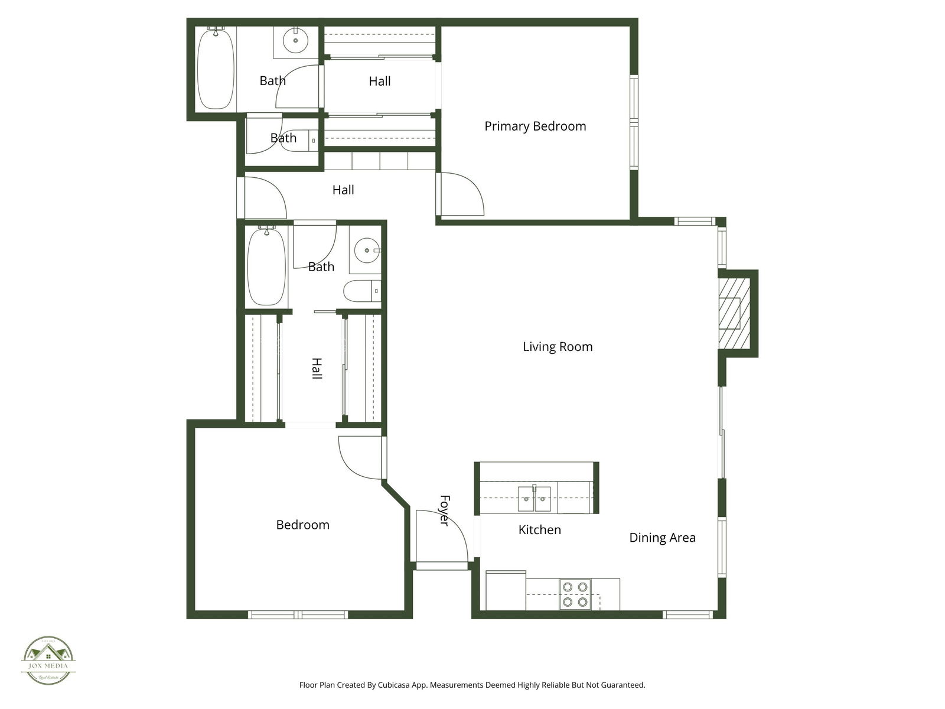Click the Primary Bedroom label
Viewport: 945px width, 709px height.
535,126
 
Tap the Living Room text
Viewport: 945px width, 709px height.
558,347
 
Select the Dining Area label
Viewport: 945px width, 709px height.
662,538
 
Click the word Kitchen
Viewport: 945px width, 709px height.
539,530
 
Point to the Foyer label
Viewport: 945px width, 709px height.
445,510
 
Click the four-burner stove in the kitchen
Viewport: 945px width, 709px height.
575,594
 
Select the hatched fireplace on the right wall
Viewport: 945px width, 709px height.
734,313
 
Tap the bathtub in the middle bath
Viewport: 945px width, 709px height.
266,267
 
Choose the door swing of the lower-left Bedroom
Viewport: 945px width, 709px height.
360,457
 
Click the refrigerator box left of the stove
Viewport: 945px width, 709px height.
506,590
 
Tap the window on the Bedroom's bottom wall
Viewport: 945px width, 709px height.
298,615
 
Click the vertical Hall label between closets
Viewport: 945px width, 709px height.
317,368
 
